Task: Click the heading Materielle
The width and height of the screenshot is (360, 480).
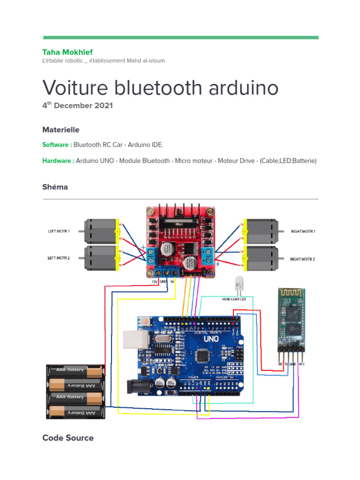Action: (x=61, y=130)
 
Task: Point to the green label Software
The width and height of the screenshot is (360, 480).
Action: (x=57, y=145)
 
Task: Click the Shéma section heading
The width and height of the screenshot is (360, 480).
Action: (x=55, y=187)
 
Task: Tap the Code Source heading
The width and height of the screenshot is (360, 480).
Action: (x=68, y=438)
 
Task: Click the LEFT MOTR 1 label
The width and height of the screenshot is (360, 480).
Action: (x=59, y=231)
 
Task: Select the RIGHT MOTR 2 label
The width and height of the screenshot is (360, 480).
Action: (x=302, y=259)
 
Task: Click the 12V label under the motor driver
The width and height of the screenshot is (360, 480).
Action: (x=155, y=282)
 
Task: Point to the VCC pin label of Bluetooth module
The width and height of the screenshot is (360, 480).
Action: (x=302, y=364)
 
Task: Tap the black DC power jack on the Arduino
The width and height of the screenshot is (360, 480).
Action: (x=140, y=386)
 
